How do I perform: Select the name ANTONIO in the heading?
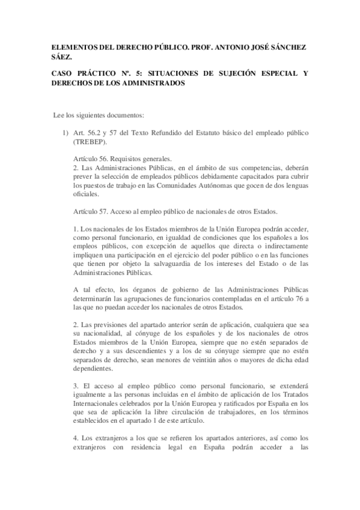[219, 46]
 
